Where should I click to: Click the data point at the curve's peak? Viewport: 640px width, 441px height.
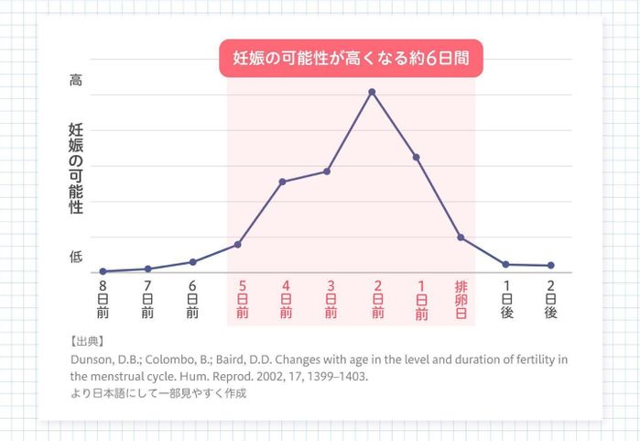point(372,92)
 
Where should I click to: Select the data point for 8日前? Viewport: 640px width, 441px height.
point(103,271)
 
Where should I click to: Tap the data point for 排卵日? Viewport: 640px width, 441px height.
point(461,237)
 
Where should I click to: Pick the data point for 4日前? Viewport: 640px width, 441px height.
point(282,182)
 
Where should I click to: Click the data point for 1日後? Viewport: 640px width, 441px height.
point(505,264)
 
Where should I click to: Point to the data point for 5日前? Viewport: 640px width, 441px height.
point(238,244)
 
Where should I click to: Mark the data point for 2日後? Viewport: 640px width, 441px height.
point(550,266)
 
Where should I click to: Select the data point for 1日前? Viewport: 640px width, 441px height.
point(417,158)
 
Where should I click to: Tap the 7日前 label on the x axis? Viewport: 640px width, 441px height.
point(147,299)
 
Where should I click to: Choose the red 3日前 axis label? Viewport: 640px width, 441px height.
point(331,299)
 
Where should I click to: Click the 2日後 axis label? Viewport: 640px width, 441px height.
point(550,299)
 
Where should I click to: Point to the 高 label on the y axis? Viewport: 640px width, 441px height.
point(76,81)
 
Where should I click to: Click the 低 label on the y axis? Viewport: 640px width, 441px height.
point(76,258)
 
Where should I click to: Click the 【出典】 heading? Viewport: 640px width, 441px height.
point(88,341)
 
